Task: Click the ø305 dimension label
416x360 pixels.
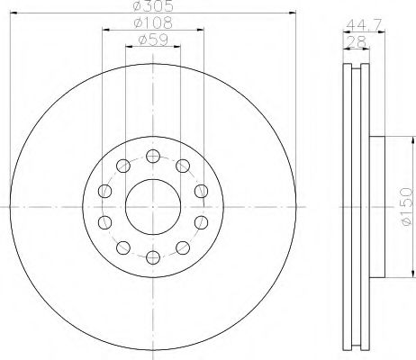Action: pos(153,6)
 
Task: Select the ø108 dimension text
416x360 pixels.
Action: pos(153,22)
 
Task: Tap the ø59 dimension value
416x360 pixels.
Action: pos(153,40)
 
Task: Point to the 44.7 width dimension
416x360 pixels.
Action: pos(364,24)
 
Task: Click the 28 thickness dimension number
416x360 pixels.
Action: pos(356,41)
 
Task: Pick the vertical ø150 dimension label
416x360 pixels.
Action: pos(407,206)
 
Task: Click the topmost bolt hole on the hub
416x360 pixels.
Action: pos(153,156)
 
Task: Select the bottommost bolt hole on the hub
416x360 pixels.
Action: pos(153,257)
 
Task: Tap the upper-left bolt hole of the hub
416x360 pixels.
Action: pos(123,166)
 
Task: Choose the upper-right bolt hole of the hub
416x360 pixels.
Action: pos(183,166)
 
